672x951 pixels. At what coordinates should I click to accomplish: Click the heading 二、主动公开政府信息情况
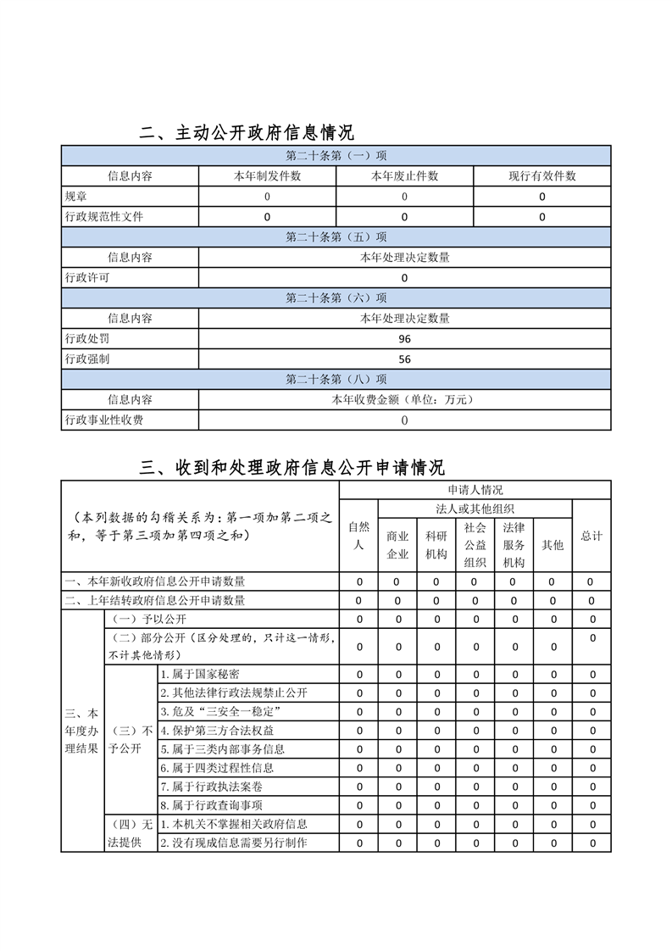[x=247, y=133]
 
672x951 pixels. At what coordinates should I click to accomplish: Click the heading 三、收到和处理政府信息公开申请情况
[x=292, y=468]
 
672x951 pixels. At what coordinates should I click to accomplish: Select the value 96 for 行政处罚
[x=404, y=339]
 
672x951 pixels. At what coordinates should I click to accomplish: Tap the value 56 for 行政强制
[x=404, y=359]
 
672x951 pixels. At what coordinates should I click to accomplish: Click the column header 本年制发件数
[x=267, y=176]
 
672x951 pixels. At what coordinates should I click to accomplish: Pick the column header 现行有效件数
[x=541, y=176]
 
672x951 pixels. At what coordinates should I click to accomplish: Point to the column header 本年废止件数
[x=404, y=176]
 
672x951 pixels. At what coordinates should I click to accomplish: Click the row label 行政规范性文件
[x=104, y=217]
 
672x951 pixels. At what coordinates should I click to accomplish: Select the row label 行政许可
[x=87, y=278]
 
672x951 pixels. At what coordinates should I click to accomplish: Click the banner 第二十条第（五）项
[x=336, y=237]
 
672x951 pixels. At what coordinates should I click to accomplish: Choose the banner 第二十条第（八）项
[x=336, y=380]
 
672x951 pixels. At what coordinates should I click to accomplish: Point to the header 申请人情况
[x=475, y=490]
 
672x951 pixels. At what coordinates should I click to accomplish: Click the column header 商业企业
[x=397, y=545]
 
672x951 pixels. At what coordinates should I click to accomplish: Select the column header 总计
[x=591, y=536]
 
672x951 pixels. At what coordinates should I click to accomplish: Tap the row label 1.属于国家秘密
[x=200, y=675]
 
